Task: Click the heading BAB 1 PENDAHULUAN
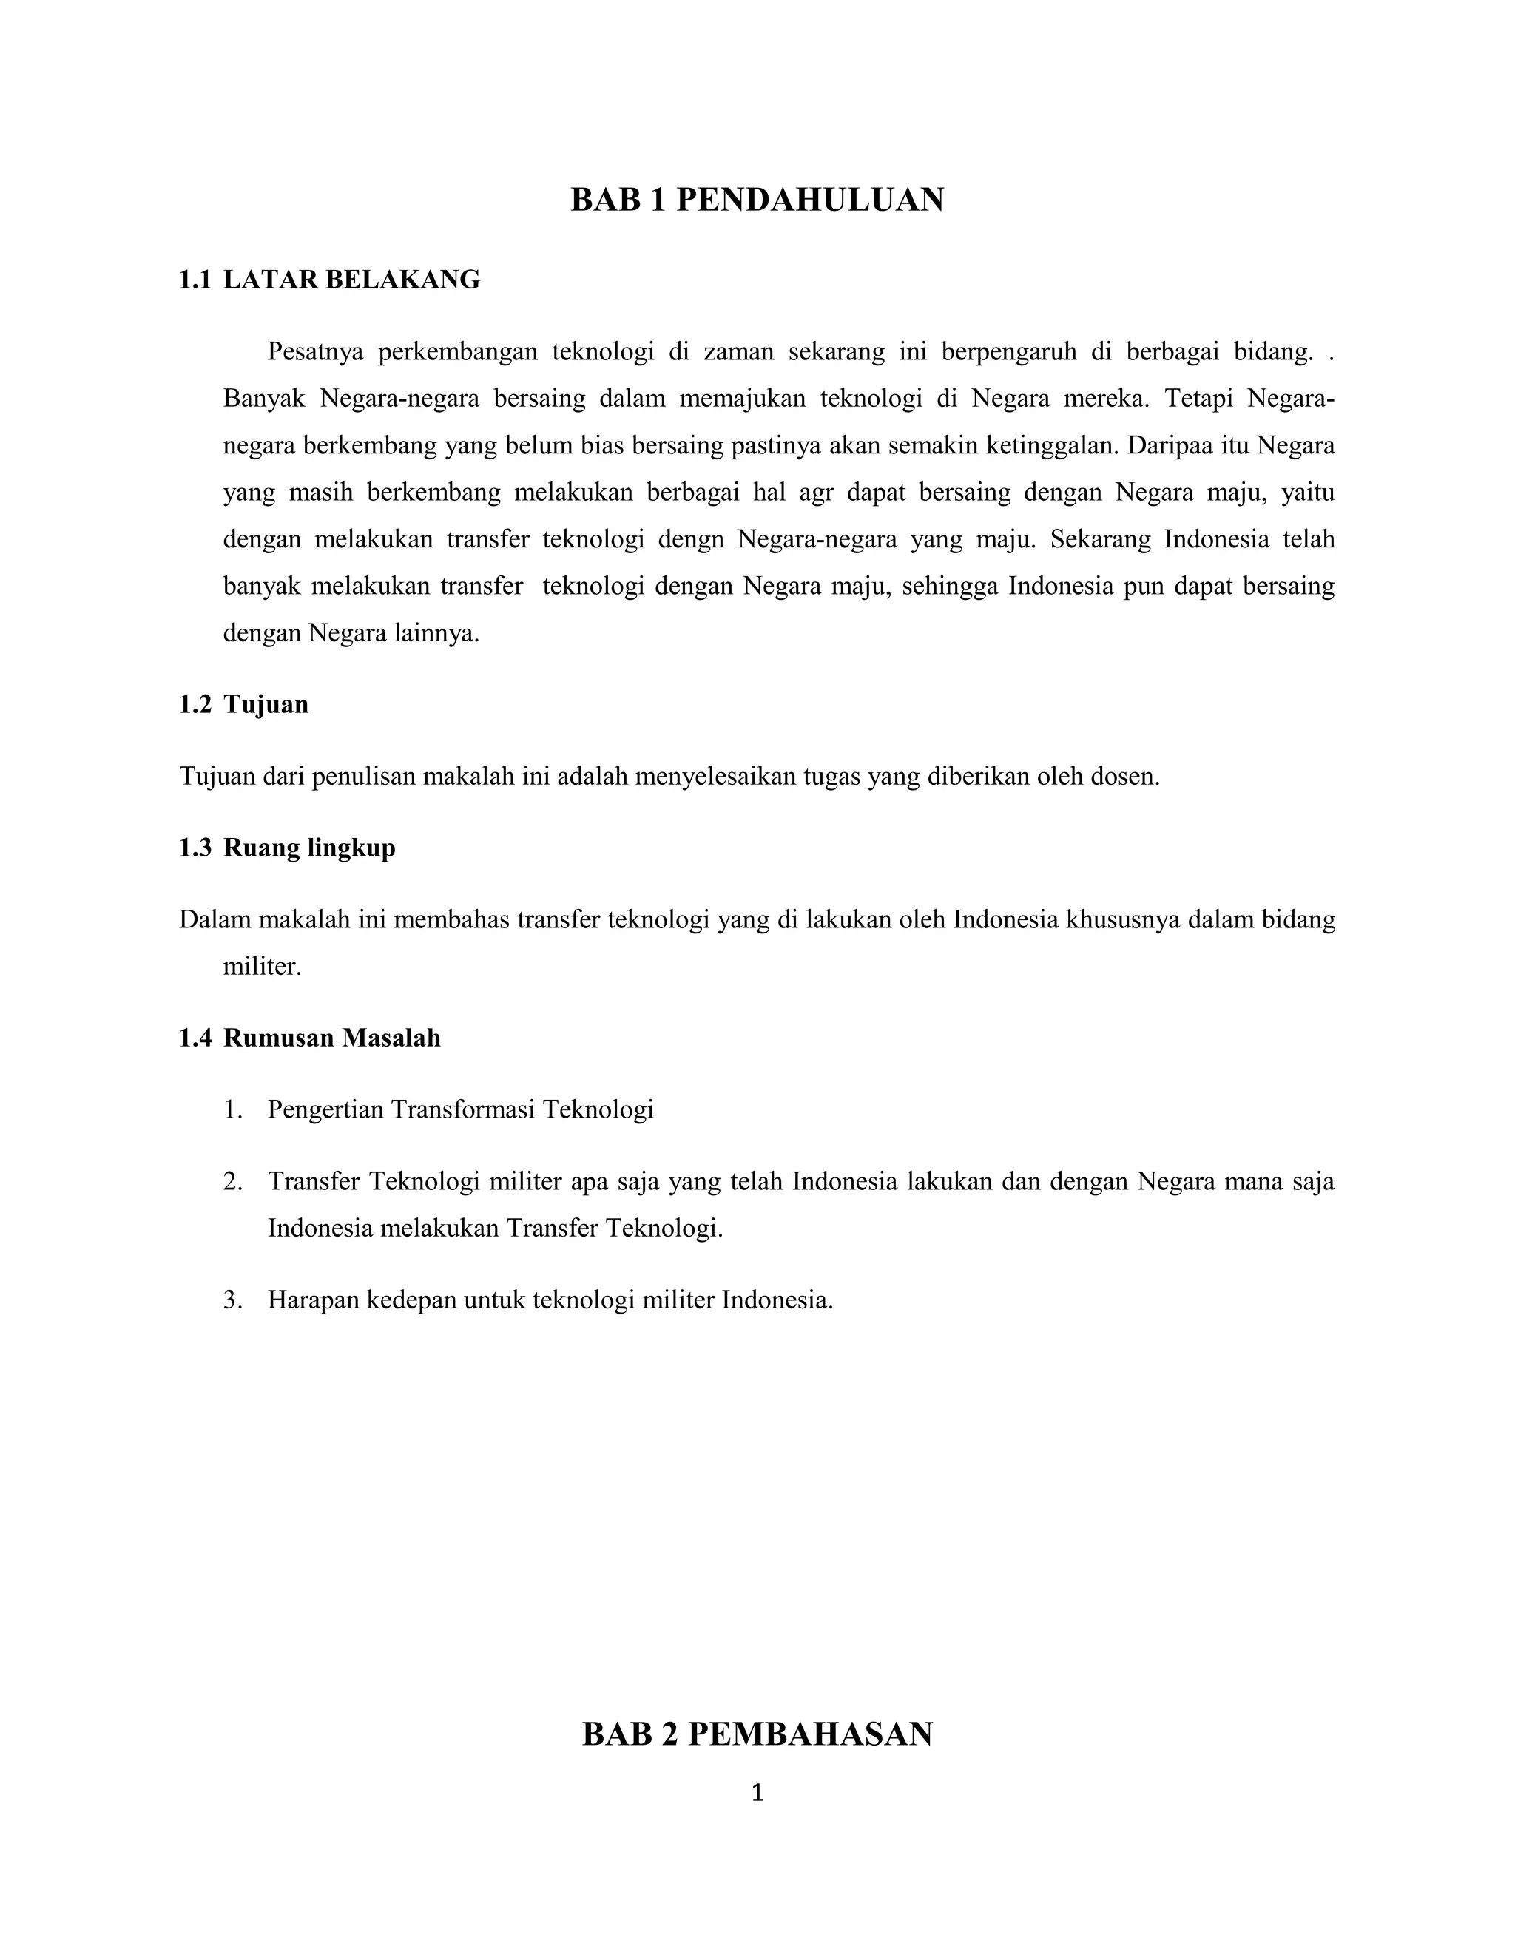click(757, 199)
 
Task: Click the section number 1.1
click(195, 280)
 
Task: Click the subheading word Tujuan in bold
click(266, 704)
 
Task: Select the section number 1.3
click(195, 848)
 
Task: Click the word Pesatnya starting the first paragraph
click(315, 352)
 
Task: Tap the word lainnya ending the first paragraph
click(437, 634)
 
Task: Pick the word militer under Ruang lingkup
click(261, 967)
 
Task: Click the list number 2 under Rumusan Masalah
click(232, 1182)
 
